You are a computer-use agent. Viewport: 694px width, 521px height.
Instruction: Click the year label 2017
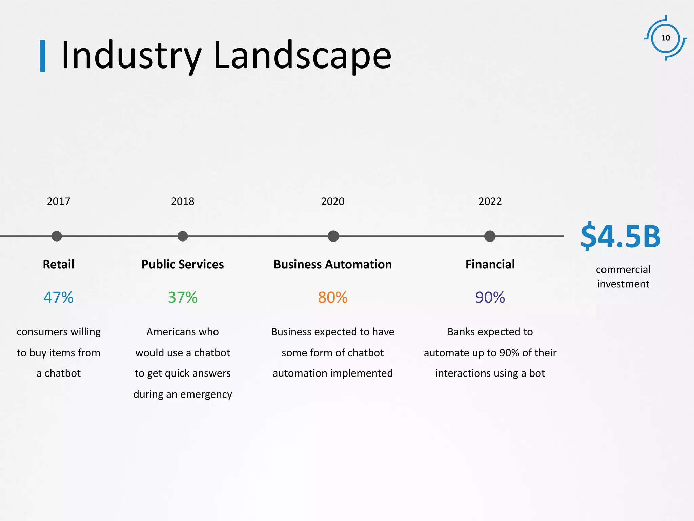[58, 201]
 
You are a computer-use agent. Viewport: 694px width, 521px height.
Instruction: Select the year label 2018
[183, 201]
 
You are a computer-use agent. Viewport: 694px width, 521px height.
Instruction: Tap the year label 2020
[333, 201]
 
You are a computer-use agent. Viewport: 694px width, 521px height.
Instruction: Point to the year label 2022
[490, 201]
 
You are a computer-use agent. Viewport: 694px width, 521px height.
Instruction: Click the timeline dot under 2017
[57, 236]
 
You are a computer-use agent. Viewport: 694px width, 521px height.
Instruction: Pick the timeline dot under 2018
[183, 236]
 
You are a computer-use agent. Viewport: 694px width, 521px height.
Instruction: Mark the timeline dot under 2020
[333, 236]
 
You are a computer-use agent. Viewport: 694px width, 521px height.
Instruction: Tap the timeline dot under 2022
[490, 236]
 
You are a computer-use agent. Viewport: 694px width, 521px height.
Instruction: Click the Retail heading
[58, 264]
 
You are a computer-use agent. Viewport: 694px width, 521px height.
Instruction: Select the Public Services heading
[183, 264]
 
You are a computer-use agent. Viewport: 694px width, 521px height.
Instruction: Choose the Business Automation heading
[333, 264]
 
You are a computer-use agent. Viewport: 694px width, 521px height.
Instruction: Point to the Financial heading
[490, 264]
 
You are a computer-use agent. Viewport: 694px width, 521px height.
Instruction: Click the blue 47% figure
[58, 297]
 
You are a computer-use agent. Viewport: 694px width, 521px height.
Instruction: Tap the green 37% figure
[183, 297]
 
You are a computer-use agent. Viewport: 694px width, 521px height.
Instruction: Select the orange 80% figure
[333, 297]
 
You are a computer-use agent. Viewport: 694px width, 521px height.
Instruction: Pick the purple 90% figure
[490, 297]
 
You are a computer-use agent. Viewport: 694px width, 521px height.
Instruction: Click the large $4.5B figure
[620, 236]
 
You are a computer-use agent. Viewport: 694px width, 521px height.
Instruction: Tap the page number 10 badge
[666, 38]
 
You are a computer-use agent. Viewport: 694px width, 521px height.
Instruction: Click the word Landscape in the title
[302, 55]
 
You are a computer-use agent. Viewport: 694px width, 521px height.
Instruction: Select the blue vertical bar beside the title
[43, 56]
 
